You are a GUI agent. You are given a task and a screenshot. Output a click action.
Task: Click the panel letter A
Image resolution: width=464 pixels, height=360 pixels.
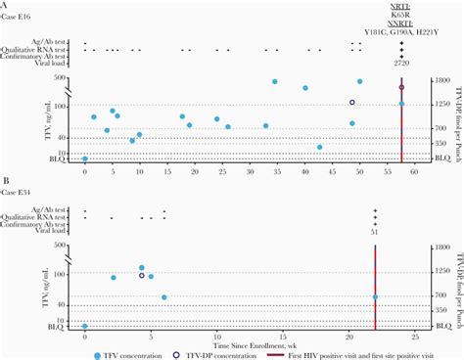(5, 7)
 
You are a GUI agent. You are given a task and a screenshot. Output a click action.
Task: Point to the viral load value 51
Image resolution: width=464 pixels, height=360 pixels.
(375, 231)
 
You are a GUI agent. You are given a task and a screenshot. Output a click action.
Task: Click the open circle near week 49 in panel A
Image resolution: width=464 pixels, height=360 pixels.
(352, 102)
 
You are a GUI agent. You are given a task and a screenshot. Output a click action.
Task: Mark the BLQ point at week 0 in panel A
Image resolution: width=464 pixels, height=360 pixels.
(85, 158)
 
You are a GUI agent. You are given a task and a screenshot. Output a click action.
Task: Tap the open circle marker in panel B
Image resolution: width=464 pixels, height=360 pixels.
(142, 276)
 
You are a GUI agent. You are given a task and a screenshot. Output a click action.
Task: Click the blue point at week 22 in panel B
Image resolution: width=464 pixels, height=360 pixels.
(375, 296)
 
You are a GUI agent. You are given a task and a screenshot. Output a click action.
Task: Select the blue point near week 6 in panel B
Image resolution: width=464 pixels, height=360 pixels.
(164, 297)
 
